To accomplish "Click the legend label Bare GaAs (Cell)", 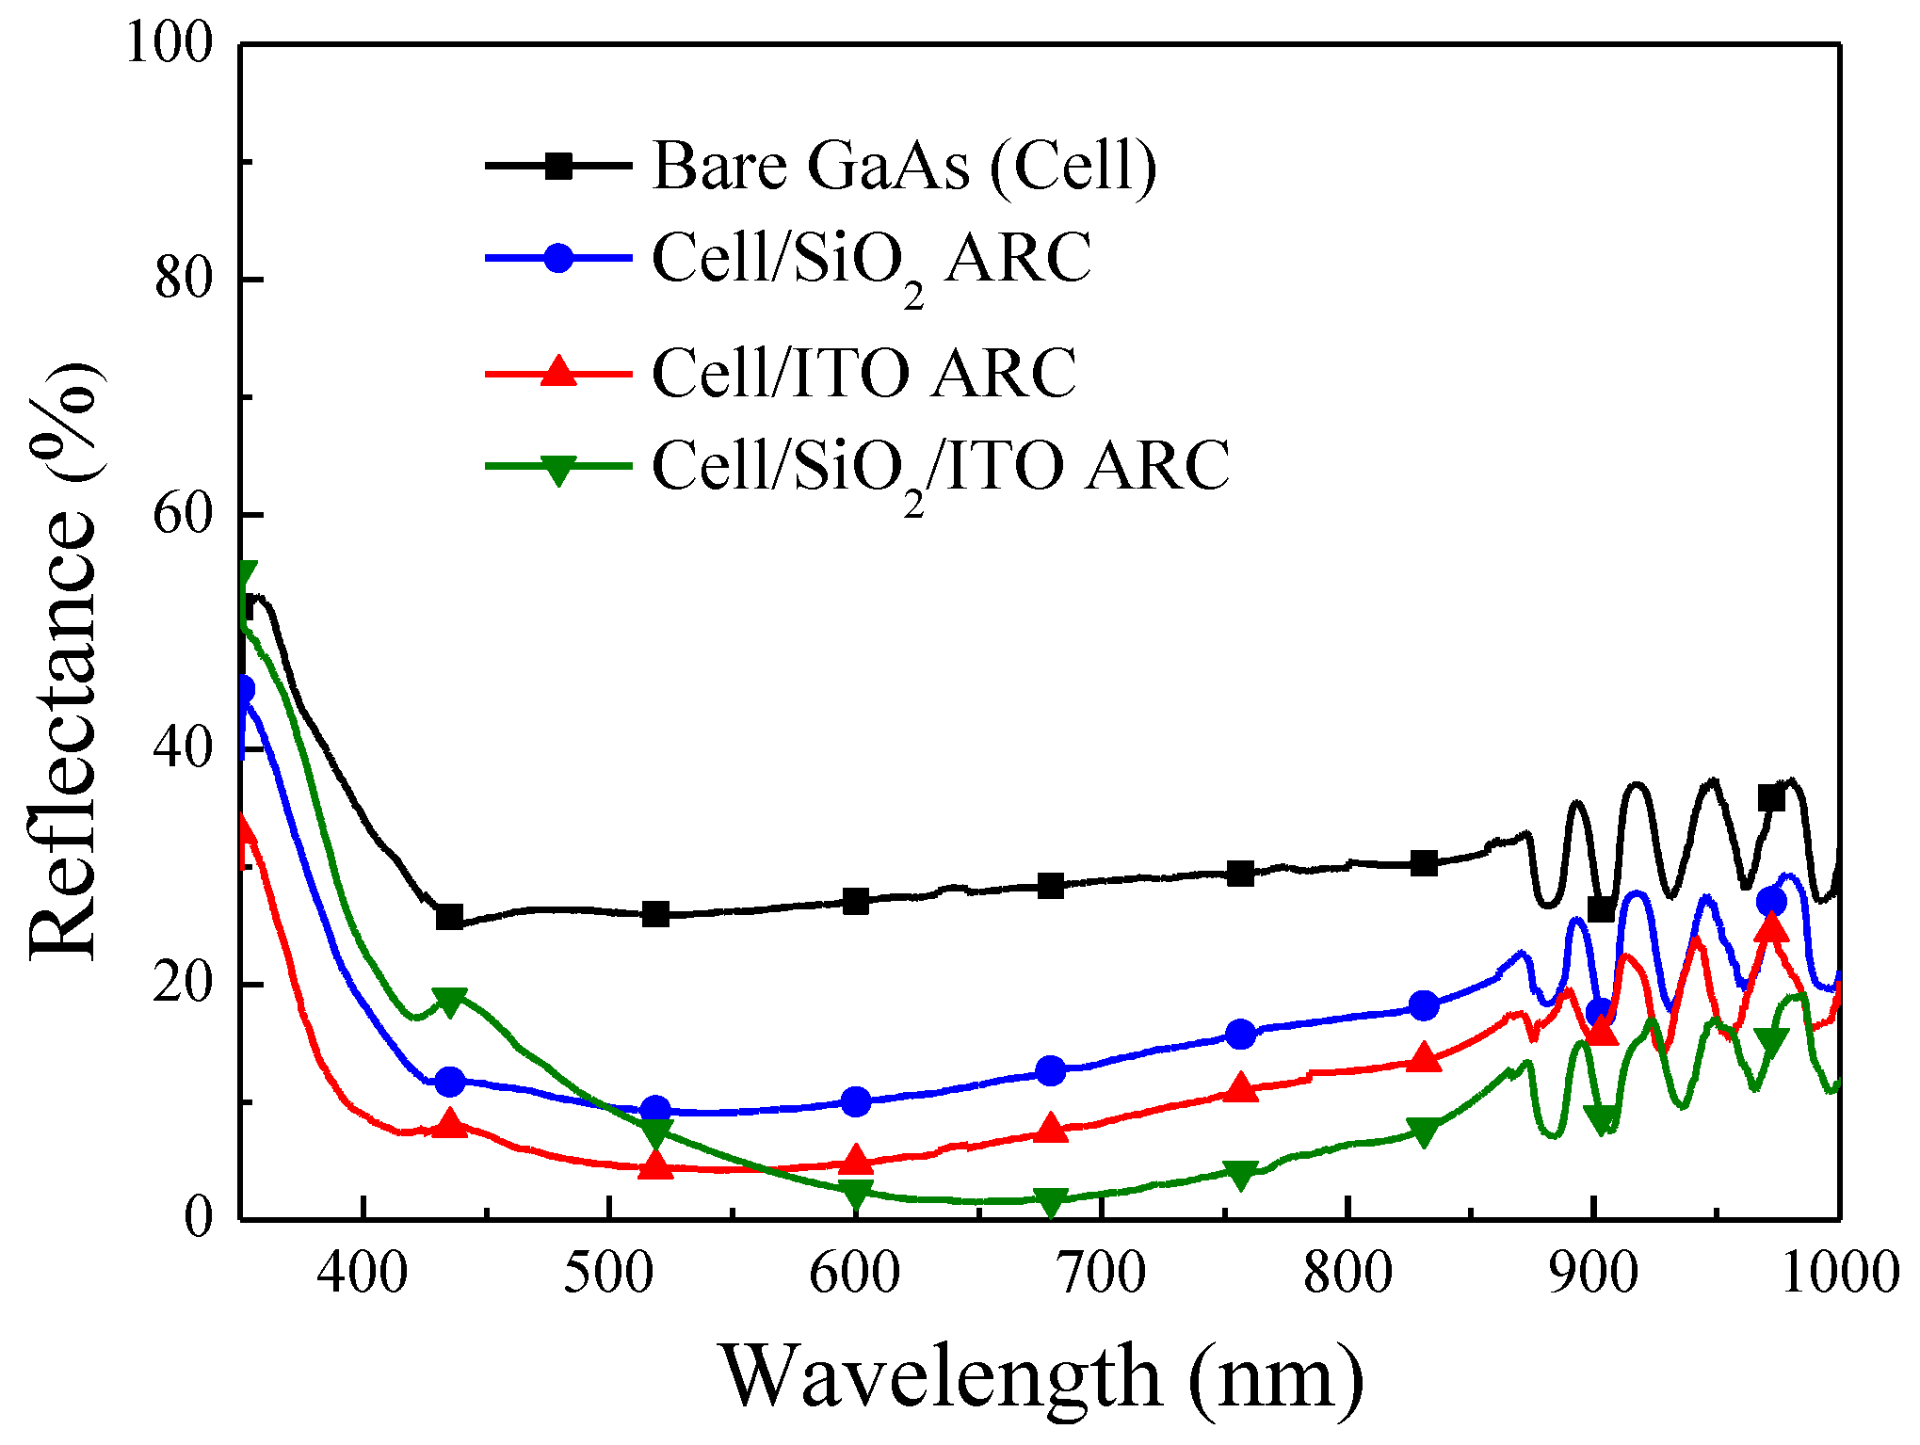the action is (904, 167).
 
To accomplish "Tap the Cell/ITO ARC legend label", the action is (863, 374).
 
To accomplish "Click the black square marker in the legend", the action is (559, 167).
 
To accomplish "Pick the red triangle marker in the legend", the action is (559, 371).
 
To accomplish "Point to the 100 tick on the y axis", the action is (170, 43).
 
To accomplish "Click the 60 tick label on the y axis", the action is (185, 515).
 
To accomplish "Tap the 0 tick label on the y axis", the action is (199, 1218).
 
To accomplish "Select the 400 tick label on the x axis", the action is (363, 1274).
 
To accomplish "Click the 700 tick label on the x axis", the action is (1101, 1274).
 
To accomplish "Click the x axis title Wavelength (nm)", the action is (1042, 1377).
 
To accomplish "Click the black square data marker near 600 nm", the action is (856, 901).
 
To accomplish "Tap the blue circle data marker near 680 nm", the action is (1051, 1070).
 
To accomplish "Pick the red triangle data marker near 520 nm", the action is (656, 1165).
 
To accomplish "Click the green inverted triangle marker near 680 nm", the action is (1051, 1201).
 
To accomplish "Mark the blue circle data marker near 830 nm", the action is (1425, 1005).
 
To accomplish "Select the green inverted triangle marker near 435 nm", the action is (450, 1002).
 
